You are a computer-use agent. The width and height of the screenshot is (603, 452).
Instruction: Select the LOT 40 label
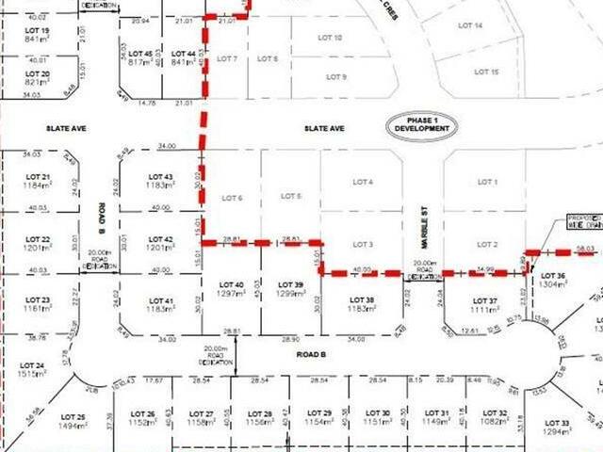(231, 284)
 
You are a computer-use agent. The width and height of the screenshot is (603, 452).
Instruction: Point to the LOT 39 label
(292, 284)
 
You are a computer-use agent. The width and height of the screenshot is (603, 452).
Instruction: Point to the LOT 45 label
(140, 53)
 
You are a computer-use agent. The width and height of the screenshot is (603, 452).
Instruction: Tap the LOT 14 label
(471, 25)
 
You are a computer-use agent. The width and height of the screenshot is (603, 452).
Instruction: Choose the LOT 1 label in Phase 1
(486, 181)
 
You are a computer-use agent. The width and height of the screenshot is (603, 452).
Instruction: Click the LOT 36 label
(554, 276)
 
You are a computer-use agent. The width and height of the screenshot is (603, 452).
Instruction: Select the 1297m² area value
(231, 294)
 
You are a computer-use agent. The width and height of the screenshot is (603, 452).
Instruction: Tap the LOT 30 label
(378, 413)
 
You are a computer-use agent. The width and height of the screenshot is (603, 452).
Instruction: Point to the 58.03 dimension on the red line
(585, 248)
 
